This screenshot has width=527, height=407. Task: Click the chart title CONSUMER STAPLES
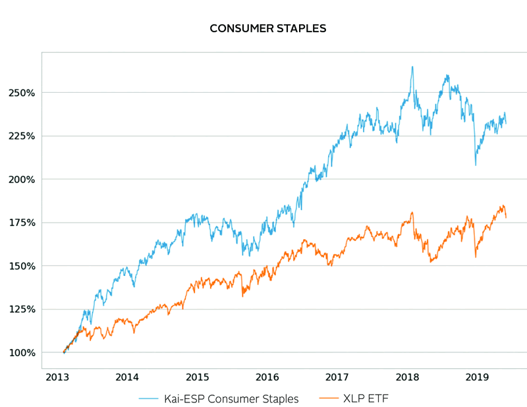267,29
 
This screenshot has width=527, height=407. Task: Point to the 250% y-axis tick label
21,92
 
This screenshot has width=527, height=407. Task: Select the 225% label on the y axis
21,136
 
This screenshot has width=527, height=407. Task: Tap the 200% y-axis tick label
21,179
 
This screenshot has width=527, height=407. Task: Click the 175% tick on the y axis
21,223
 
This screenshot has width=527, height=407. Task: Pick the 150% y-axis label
21,266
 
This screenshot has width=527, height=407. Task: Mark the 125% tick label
21,310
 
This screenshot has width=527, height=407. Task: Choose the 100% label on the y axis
21,353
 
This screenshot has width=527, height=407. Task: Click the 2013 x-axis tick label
57,377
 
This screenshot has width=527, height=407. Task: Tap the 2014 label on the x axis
127,377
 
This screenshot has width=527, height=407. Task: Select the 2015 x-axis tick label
197,377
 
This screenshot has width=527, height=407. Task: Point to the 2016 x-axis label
267,377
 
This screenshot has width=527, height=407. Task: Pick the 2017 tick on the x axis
337,377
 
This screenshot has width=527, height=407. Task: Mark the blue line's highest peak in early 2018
412,67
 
